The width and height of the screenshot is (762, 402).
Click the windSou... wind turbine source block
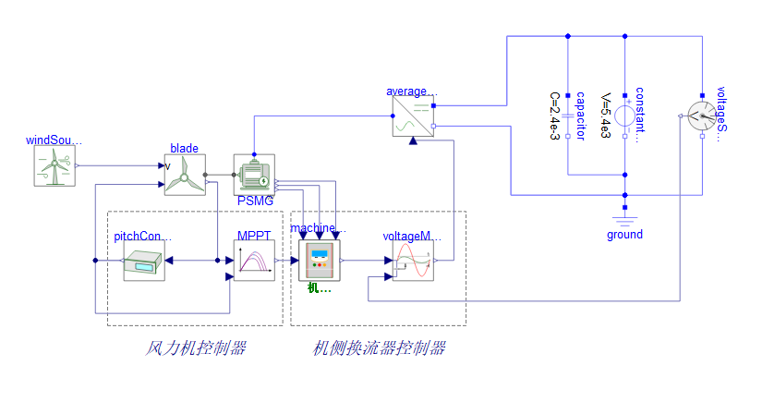55,166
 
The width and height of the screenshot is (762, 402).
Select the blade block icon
185,175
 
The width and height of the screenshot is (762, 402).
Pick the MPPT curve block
254,261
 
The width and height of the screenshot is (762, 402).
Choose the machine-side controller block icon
320,261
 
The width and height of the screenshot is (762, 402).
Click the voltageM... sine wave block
413,261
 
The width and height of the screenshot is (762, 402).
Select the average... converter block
413,116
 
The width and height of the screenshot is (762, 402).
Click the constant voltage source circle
625,116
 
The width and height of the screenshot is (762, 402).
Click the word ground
625,235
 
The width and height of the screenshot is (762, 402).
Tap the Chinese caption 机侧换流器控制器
380,348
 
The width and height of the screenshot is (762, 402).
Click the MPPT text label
254,236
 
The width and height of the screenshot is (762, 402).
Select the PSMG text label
255,201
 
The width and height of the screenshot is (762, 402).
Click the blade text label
184,148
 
